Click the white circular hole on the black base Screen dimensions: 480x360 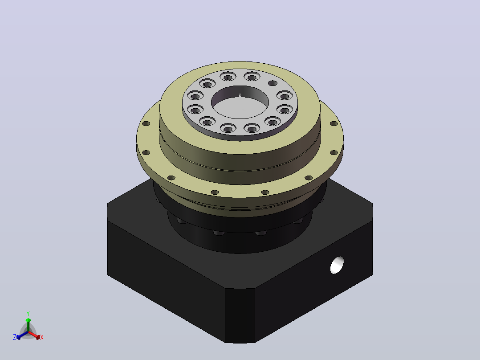click(337, 265)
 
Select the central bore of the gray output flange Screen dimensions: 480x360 click(240, 102)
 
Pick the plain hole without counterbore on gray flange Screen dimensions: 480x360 click(273, 83)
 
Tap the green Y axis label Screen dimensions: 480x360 click(28, 314)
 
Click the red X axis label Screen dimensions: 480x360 click(42, 337)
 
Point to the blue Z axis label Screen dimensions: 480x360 click(15, 337)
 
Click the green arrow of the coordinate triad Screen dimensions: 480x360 click(28, 325)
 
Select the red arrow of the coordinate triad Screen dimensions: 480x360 click(34, 335)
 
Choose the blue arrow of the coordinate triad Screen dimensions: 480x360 click(22, 335)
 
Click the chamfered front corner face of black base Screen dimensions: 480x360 click(240, 315)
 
